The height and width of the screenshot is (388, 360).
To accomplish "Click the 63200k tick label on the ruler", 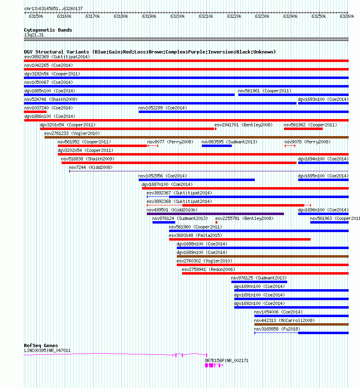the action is (178, 16).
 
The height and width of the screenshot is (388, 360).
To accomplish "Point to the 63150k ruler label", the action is (36, 16).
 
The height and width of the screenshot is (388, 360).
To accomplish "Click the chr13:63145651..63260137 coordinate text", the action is (53, 9).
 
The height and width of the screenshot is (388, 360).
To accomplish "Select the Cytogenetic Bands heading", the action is (48, 30).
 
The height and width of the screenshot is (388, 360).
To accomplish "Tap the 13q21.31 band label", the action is (34, 35).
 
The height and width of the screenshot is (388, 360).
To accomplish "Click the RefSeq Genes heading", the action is (41, 345).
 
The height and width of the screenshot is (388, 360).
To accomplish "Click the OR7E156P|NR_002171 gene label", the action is (227, 360).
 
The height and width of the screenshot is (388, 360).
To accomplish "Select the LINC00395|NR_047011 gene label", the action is (47, 350).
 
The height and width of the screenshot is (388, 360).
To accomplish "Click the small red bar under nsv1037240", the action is (35, 112).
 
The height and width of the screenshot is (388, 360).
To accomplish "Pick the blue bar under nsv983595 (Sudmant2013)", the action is (217, 146).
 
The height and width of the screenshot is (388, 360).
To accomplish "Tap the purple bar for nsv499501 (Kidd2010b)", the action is (215, 214).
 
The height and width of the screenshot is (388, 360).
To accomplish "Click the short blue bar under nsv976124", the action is (164, 222).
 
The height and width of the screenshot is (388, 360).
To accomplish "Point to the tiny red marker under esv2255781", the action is (216, 222).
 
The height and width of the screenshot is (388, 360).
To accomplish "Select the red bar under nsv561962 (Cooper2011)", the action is (303, 129).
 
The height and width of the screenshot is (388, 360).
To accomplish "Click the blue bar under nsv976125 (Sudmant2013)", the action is (259, 282).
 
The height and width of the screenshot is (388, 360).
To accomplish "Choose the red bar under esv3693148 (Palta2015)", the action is (240, 239).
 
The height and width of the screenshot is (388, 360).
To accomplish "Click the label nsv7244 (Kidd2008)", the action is (91, 168).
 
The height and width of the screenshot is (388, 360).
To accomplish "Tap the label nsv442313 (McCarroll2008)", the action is (284, 320).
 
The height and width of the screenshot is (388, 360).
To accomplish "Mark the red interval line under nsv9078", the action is (290, 146).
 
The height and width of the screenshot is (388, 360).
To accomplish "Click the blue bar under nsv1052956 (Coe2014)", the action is (197, 180).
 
